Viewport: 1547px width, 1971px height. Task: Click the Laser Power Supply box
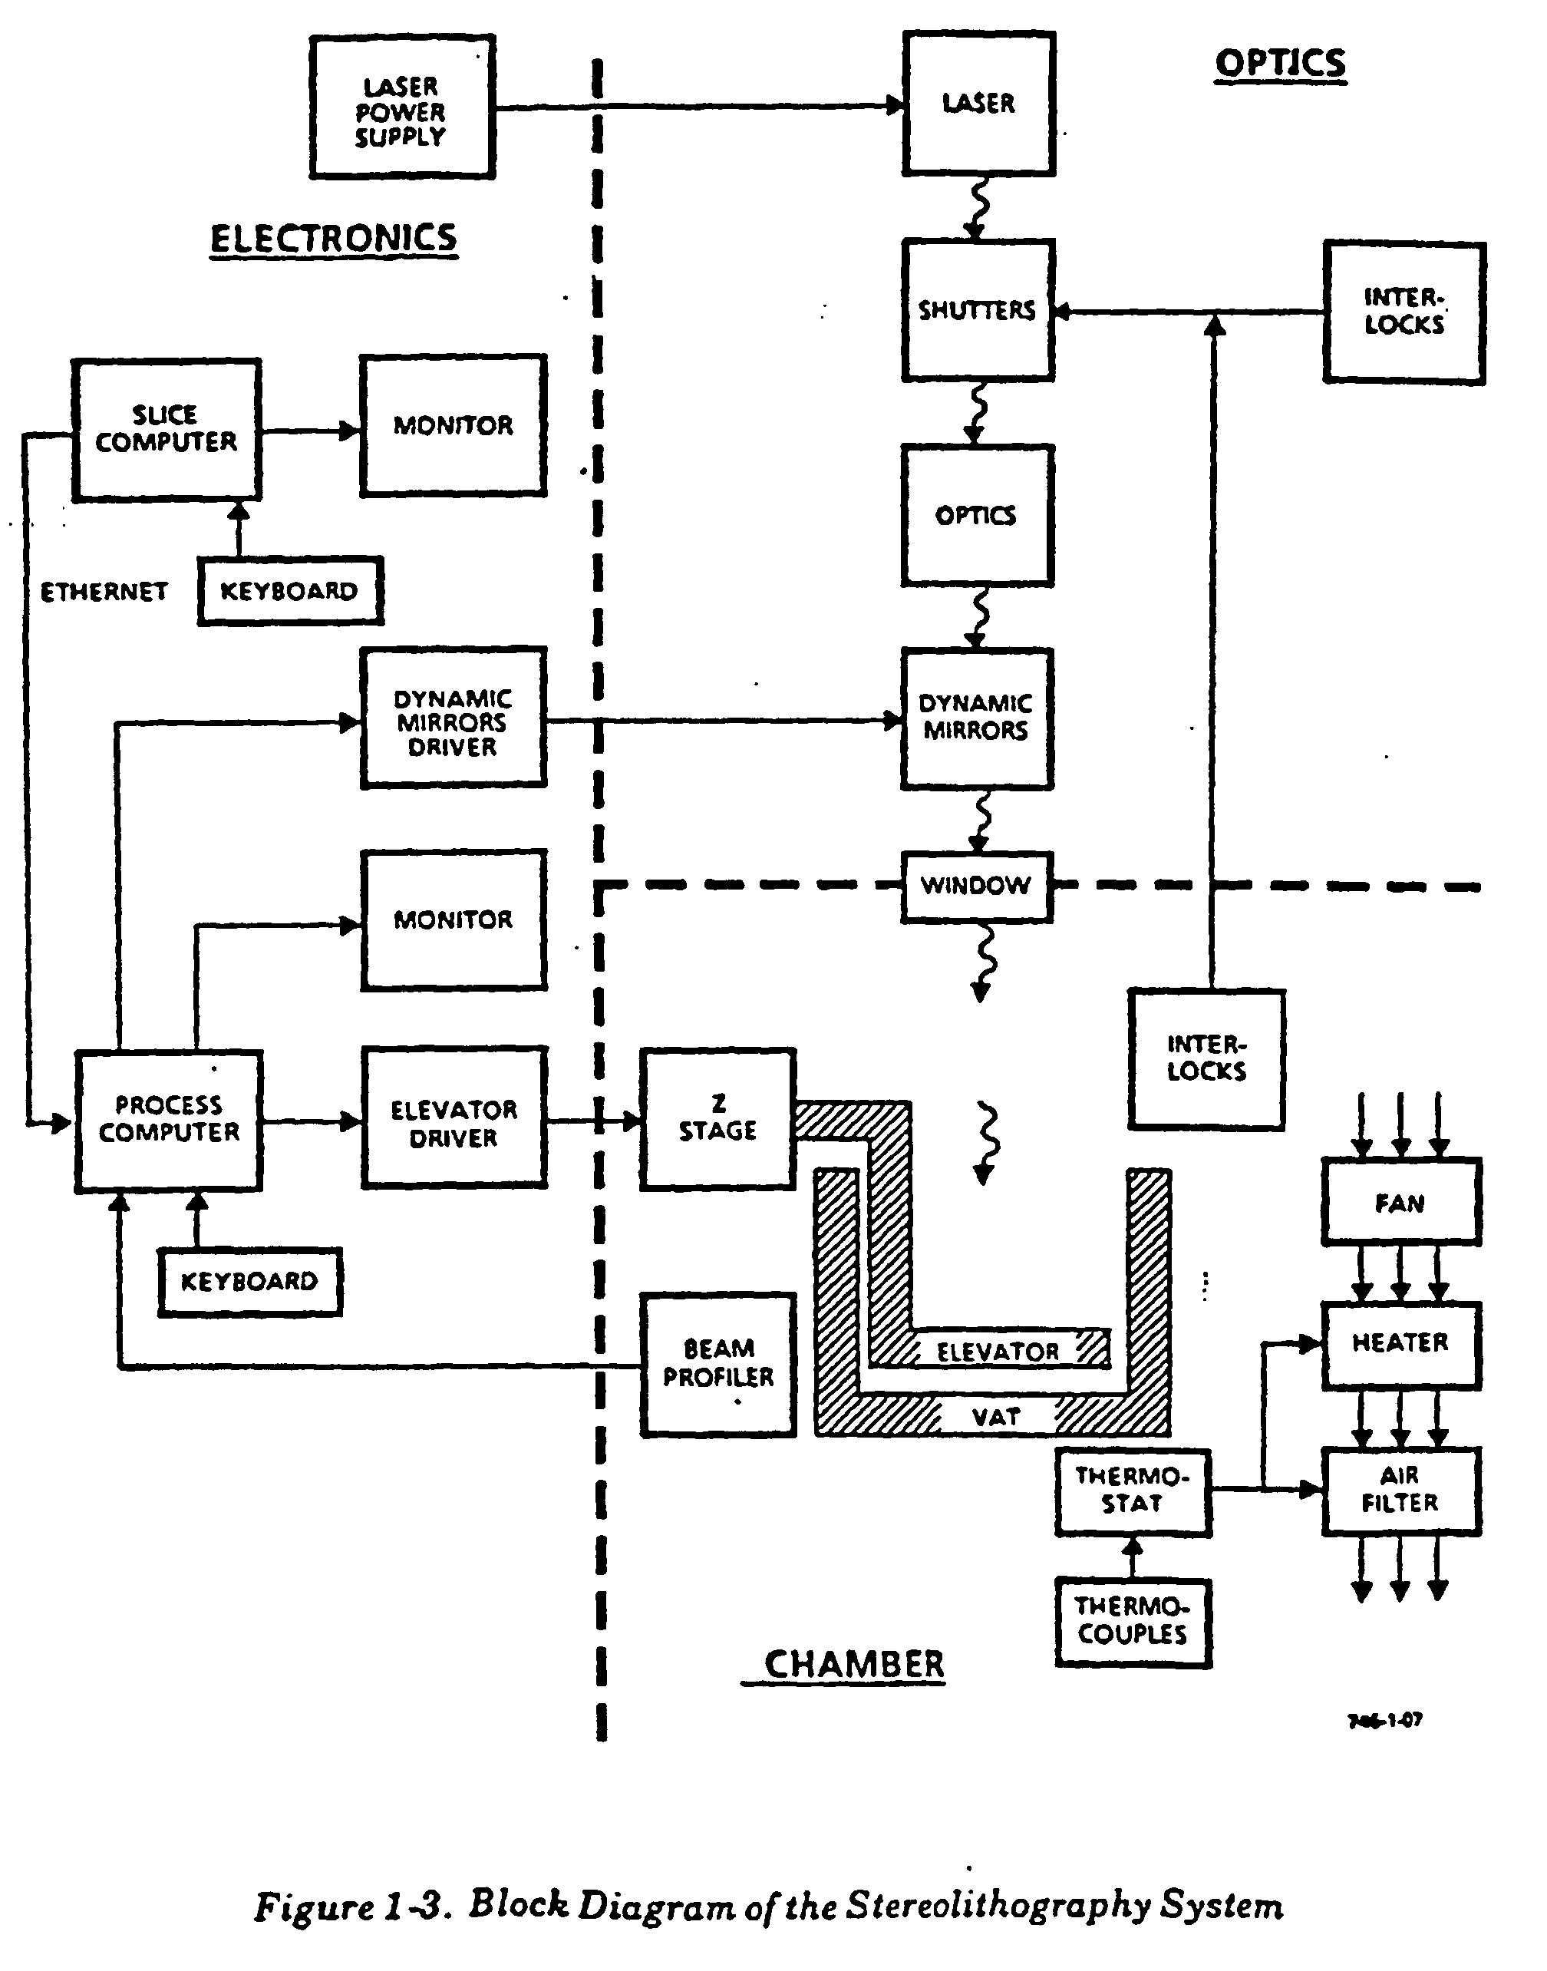401,107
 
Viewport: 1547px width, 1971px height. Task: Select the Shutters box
978,310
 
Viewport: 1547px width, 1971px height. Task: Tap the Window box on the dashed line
976,886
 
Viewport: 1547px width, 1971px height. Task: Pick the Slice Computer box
167,429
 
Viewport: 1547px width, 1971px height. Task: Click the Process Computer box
169,1121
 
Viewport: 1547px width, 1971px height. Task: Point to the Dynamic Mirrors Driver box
453,718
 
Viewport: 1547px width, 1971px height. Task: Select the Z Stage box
717,1118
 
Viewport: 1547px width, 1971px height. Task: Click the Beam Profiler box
718,1364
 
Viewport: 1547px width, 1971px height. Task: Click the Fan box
1400,1202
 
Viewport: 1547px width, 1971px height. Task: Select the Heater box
1400,1344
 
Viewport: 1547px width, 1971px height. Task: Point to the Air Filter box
1400,1490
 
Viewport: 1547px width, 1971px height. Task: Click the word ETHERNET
104,592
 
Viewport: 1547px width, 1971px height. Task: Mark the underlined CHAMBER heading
853,1664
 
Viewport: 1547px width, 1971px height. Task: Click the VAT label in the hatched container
995,1418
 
